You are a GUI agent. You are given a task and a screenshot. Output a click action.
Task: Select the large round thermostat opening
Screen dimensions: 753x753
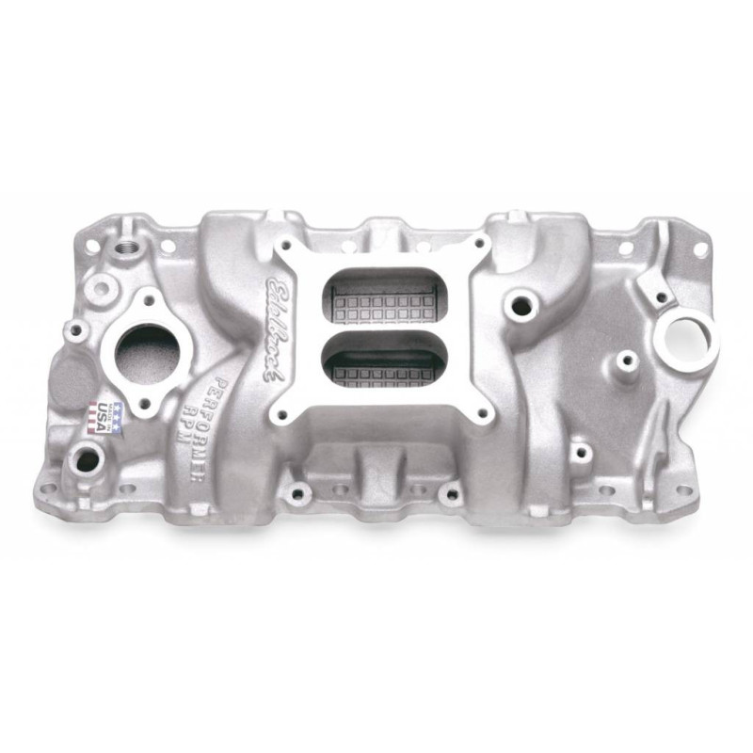147,352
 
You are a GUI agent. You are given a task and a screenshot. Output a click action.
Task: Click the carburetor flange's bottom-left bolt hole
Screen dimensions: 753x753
280,413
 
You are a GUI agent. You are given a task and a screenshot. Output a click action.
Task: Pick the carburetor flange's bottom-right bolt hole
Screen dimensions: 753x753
482,413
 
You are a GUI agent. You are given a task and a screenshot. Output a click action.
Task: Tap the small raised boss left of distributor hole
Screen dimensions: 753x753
624,359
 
